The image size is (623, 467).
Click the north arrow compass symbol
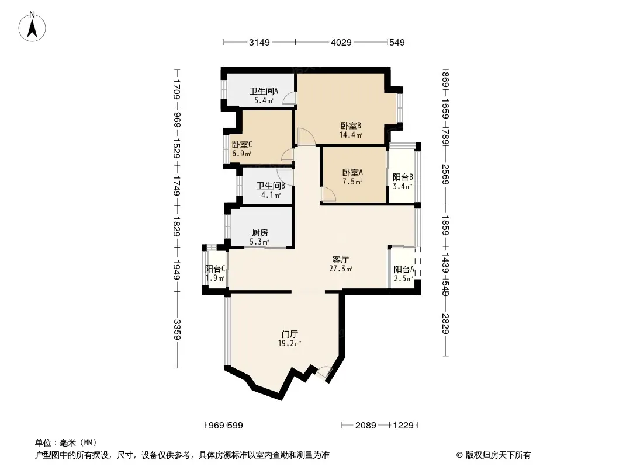[32, 27]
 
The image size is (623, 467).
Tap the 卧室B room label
[351, 126]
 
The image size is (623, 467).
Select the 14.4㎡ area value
[351, 135]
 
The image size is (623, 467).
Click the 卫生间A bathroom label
[264, 91]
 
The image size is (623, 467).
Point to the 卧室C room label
[242, 145]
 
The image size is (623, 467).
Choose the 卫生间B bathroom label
[271, 186]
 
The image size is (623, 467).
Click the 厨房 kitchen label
[260, 232]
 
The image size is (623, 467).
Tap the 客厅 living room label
[341, 260]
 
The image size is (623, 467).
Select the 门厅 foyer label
[290, 334]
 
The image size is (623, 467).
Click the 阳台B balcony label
[403, 177]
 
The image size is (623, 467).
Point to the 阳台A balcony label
[404, 270]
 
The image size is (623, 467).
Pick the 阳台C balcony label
[215, 269]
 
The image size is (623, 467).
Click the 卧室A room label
[353, 173]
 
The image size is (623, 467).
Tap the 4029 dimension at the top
[341, 43]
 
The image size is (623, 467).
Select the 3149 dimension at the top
[259, 43]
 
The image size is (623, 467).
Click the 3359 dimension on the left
[177, 330]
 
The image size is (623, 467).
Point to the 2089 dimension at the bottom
[365, 426]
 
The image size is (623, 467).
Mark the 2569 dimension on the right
[445, 174]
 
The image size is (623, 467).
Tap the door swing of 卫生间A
[289, 99]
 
